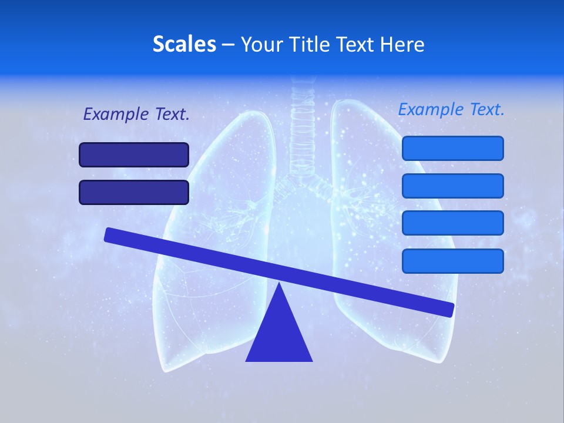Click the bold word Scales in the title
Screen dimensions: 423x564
coord(184,44)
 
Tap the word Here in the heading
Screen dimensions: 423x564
coord(401,44)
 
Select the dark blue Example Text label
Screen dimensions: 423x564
coord(136,115)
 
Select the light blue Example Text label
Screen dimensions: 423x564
coord(451,109)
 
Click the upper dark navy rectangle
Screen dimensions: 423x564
coord(134,155)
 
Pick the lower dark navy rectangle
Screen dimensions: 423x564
coord(134,192)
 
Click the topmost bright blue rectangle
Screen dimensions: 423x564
coord(452,148)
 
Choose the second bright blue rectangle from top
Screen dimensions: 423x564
coord(452,186)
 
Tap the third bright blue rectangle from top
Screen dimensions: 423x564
coord(452,223)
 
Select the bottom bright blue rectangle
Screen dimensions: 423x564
coord(452,261)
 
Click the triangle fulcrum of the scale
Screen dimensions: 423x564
coord(279,332)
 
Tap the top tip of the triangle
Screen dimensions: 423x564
coord(279,284)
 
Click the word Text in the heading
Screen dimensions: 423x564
coord(358,44)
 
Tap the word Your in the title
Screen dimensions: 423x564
coord(262,44)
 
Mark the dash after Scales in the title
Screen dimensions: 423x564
coord(228,45)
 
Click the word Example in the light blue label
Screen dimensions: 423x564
coord(431,109)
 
